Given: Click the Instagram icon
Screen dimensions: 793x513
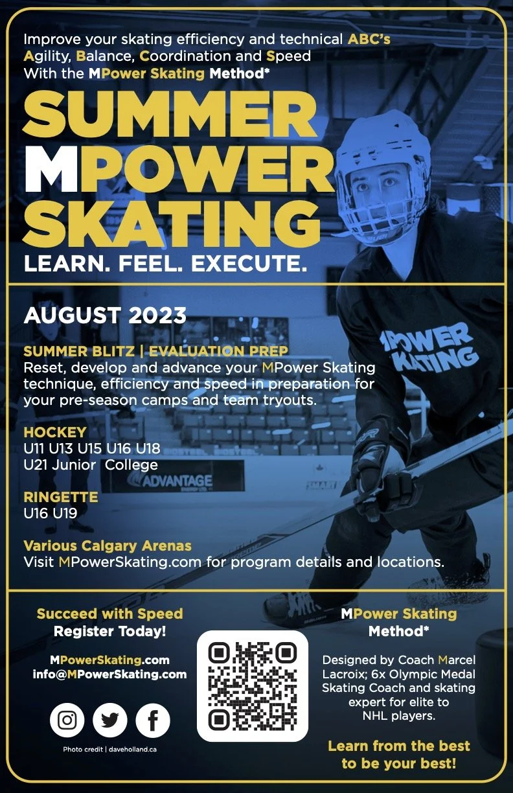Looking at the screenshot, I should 67,720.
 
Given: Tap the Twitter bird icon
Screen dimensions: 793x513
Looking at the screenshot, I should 110,720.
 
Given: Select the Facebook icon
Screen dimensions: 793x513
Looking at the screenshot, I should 153,720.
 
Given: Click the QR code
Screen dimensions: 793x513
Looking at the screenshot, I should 253,685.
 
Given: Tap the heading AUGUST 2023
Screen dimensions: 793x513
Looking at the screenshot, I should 105,316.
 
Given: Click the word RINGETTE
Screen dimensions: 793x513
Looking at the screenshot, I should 61,498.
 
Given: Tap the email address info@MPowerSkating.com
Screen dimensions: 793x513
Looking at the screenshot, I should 109,674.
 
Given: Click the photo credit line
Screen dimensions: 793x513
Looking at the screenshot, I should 109,750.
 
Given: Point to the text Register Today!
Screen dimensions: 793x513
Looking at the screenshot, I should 109,630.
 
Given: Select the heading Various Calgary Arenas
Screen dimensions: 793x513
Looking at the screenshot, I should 108,546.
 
